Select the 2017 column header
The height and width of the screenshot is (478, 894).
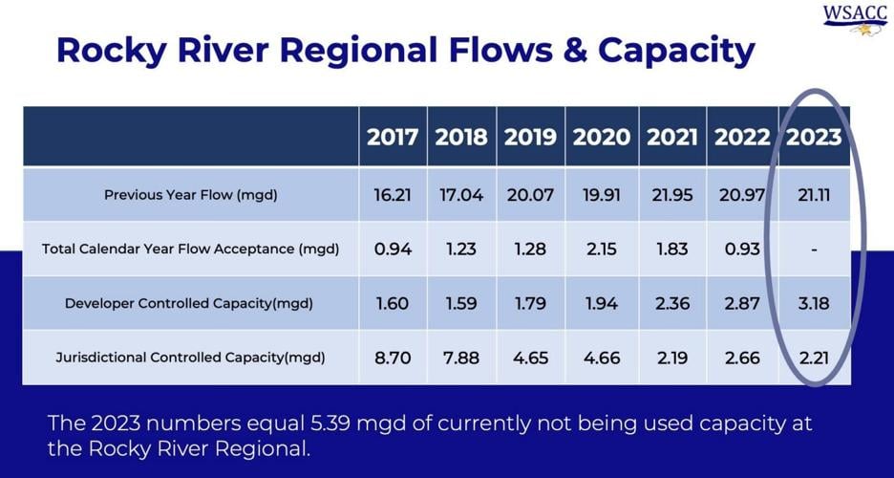click(x=393, y=137)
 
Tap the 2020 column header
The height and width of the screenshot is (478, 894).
click(x=602, y=137)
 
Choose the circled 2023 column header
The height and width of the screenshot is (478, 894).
click(x=814, y=137)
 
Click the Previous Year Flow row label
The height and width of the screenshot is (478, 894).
click(x=191, y=195)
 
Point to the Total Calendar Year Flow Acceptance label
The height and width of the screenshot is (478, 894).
click(x=191, y=250)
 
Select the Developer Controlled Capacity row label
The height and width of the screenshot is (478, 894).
click(x=191, y=303)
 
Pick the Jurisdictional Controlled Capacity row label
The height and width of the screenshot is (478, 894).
click(x=191, y=358)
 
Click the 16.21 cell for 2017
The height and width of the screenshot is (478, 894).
click(x=393, y=195)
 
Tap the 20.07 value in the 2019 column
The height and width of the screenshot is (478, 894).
click(x=530, y=195)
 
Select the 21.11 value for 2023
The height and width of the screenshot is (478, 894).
click(x=814, y=195)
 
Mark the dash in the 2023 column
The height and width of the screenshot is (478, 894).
click(x=814, y=250)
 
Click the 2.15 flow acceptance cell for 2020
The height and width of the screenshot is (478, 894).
click(x=602, y=250)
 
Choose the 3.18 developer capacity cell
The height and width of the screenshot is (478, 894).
click(x=814, y=303)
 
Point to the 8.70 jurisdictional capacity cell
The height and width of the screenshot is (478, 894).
click(x=393, y=358)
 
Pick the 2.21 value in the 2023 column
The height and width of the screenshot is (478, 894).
click(x=814, y=358)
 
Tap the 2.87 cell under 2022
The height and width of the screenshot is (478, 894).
click(x=742, y=303)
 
